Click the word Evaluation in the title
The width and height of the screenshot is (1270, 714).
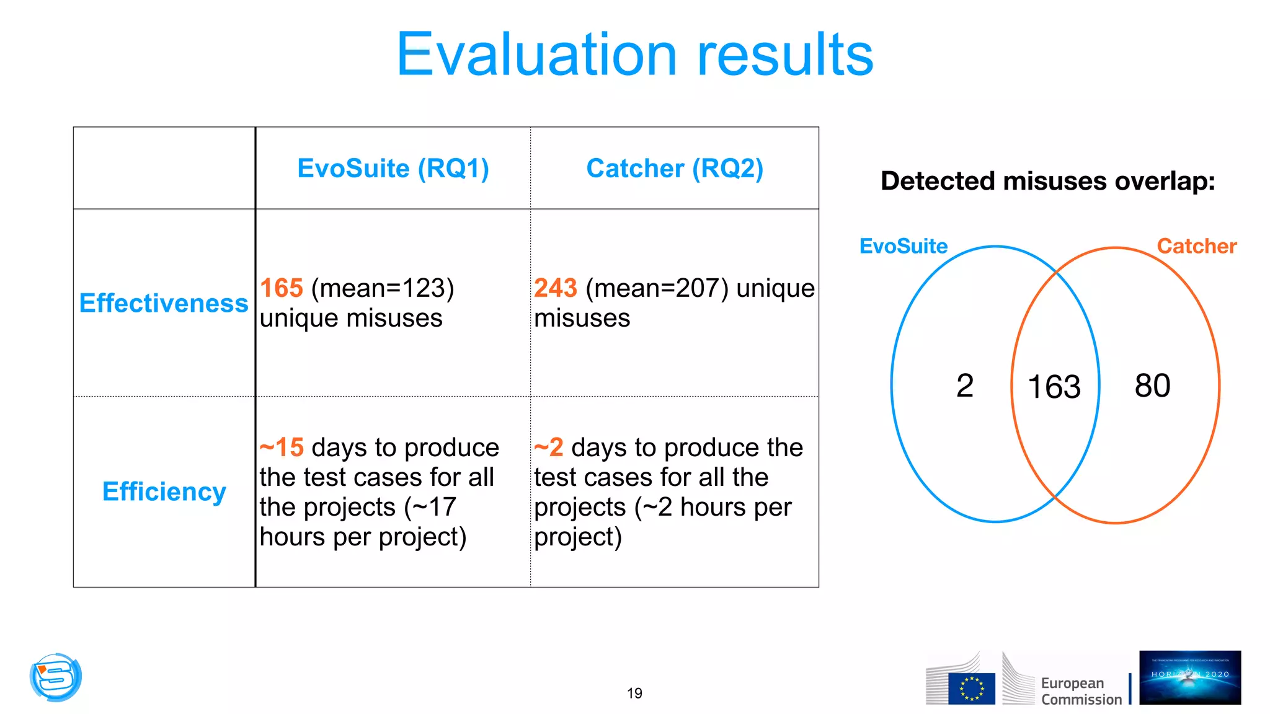pos(536,55)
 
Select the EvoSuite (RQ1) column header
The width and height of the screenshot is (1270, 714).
pos(393,169)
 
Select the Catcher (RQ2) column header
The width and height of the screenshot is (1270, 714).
pos(675,169)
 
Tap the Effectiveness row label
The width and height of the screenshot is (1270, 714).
pos(164,304)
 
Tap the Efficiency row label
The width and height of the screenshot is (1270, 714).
pos(164,491)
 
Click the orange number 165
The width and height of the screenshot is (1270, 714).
pos(281,288)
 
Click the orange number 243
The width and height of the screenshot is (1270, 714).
pos(556,288)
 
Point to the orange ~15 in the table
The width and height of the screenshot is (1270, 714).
pos(282,447)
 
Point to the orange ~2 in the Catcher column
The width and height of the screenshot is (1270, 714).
pos(549,447)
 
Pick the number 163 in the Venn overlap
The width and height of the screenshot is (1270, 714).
pos(1054,387)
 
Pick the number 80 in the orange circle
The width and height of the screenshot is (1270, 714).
pos(1152,386)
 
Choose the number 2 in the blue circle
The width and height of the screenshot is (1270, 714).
pos(965,386)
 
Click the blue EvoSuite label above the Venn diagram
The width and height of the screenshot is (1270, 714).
pos(904,247)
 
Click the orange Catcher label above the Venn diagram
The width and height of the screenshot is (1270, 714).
pos(1196,247)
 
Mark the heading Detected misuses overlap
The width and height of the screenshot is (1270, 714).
pos(1047,182)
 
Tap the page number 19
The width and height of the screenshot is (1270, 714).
pos(634,694)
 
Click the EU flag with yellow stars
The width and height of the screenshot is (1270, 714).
pos(971,689)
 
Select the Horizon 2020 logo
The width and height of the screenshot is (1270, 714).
pos(1189,677)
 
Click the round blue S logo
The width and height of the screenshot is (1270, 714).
pos(56,677)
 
